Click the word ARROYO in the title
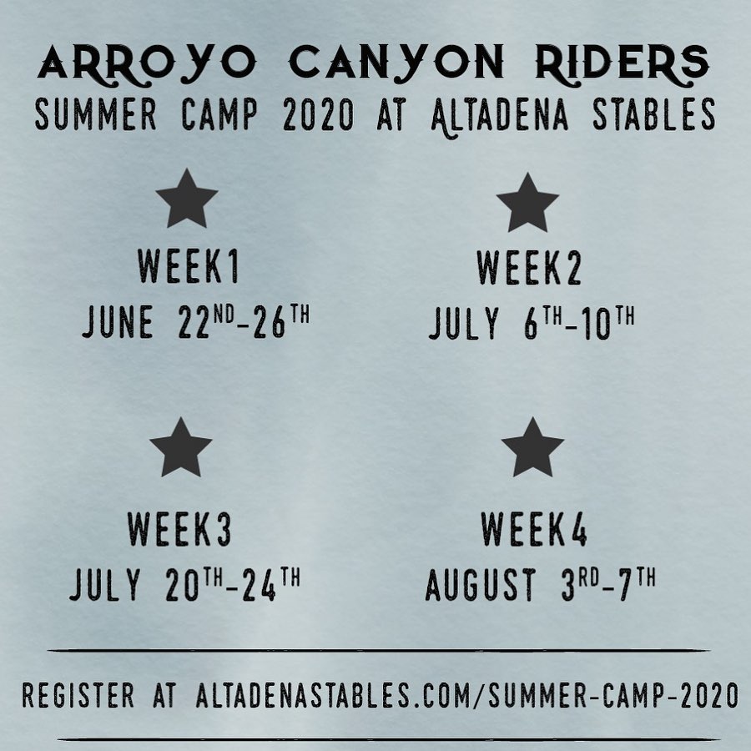[147, 63]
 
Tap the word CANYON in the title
[396, 63]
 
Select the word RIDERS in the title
[622, 63]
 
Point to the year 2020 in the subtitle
[319, 114]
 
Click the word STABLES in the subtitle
[653, 114]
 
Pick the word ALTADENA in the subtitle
[500, 116]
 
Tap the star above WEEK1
[187, 199]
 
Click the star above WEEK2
[527, 203]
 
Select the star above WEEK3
[180, 447]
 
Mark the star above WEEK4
[532, 447]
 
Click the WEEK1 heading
[189, 266]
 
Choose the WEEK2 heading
[529, 268]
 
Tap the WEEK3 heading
[179, 529]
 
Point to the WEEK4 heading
[534, 529]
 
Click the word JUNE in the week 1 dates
[118, 322]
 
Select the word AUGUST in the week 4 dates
[481, 584]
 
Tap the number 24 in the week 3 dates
[260, 585]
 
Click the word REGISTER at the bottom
[78, 695]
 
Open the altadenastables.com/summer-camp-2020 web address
[467, 695]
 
